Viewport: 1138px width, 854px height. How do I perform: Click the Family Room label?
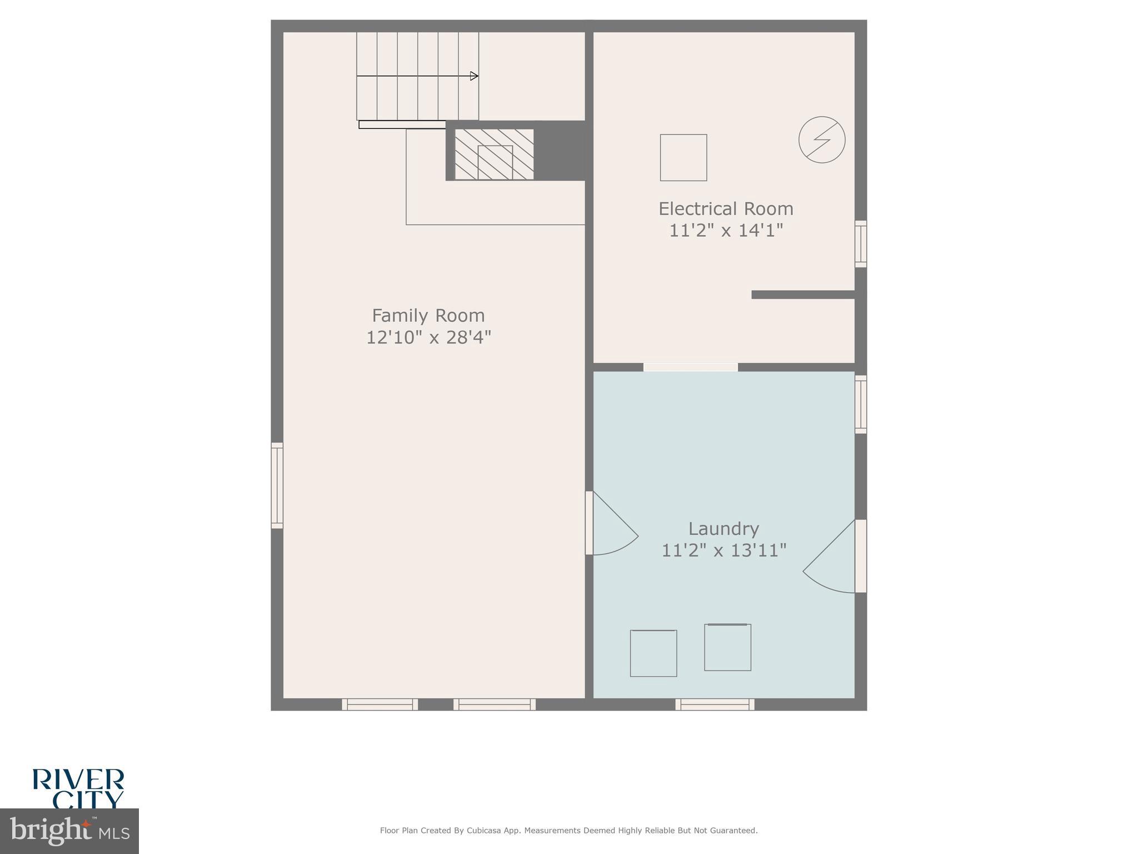[428, 316]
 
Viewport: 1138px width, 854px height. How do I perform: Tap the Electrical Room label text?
[726, 209]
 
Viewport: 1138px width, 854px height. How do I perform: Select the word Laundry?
[723, 529]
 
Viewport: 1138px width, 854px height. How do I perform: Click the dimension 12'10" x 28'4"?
[428, 337]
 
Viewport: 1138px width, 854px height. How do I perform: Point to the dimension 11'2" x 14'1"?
[726, 231]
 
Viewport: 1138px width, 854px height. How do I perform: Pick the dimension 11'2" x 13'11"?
[723, 550]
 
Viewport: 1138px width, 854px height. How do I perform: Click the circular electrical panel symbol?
[822, 140]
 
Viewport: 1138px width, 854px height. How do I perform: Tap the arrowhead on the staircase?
[474, 76]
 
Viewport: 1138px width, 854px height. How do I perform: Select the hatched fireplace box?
[494, 155]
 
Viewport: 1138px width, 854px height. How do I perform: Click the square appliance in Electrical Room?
[683, 157]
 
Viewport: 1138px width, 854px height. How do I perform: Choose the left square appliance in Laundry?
[653, 653]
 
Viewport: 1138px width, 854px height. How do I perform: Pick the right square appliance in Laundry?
[727, 647]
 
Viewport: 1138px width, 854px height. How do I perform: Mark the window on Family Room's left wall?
[277, 485]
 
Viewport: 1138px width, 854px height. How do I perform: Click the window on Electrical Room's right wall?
[860, 244]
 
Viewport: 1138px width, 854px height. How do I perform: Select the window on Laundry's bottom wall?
[715, 704]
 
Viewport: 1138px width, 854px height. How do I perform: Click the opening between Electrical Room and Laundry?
[690, 367]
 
